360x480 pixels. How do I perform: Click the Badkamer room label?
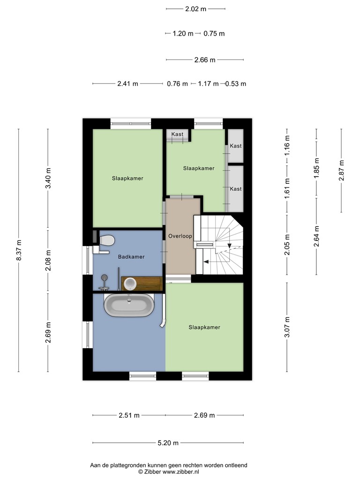[x=131, y=257]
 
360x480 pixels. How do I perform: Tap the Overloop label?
[x=180, y=236]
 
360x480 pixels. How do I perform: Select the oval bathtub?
[x=129, y=306]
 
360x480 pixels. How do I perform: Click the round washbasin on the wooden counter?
[x=130, y=283]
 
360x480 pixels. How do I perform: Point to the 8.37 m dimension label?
[x=19, y=251]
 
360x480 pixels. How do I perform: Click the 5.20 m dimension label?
[x=168, y=442]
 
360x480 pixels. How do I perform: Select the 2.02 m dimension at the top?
[x=195, y=9]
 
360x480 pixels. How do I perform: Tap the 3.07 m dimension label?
[x=287, y=327]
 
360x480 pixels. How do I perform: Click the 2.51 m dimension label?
[x=129, y=415]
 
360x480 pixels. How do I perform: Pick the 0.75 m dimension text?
[x=214, y=33]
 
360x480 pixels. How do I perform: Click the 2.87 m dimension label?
[x=341, y=171]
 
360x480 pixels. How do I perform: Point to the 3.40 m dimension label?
[x=48, y=179]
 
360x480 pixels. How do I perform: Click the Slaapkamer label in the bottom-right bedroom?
[x=204, y=327]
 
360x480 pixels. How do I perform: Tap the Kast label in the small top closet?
[x=177, y=134]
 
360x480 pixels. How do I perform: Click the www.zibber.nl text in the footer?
[x=180, y=472]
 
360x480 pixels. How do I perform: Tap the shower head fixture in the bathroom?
[x=105, y=282]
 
